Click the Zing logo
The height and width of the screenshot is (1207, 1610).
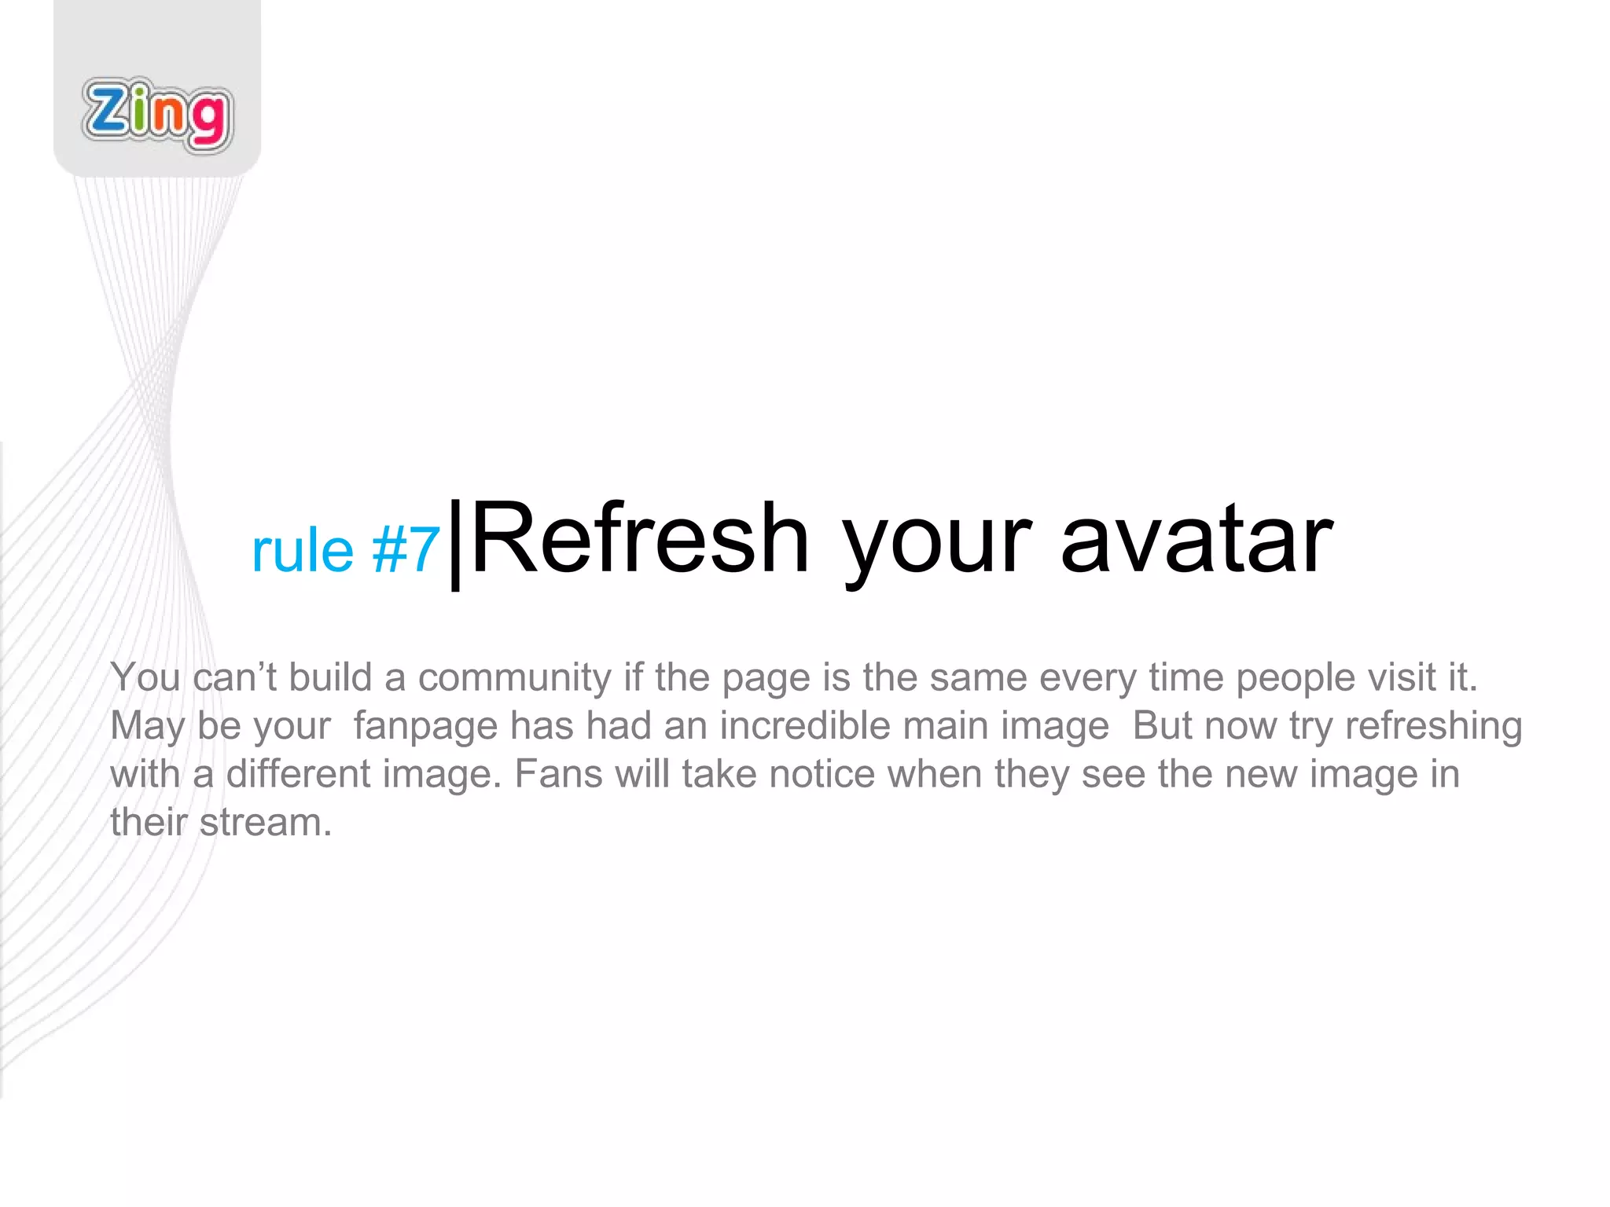click(x=157, y=115)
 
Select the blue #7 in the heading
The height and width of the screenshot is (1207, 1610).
click(x=406, y=550)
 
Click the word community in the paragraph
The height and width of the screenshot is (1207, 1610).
click(x=514, y=677)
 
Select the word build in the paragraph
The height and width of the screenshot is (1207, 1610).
click(x=330, y=677)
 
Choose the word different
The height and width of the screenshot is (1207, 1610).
click(x=298, y=774)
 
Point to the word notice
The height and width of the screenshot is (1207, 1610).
click(x=822, y=774)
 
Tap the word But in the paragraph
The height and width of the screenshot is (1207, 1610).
click(x=1162, y=726)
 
